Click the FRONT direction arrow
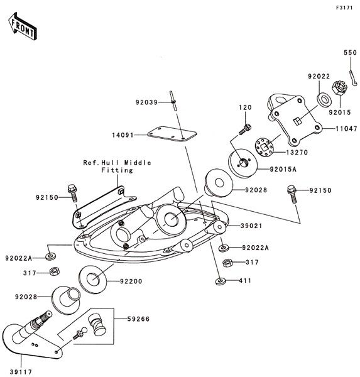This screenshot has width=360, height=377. [23, 26]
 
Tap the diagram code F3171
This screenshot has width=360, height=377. [344, 8]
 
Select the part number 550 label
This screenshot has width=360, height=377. [350, 53]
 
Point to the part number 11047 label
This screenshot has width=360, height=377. [346, 129]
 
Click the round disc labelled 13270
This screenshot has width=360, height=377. [264, 146]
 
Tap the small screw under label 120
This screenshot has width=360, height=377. [245, 129]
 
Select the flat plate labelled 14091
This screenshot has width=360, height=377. [172, 134]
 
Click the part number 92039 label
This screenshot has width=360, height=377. [146, 102]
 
